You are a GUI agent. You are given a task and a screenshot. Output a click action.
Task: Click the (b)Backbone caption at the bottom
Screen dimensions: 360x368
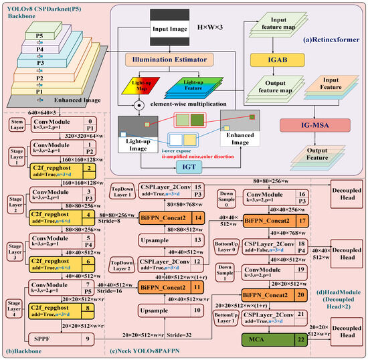coord(24,352)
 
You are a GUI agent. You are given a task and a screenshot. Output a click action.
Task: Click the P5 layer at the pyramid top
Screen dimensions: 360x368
coord(41,35)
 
